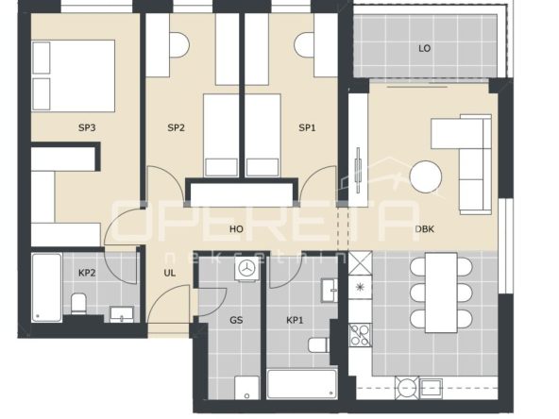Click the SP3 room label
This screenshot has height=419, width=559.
click(x=87, y=127)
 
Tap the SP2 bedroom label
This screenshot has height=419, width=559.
click(x=177, y=127)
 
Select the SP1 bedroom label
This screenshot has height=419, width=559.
click(x=307, y=127)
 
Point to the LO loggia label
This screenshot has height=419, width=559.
click(x=424, y=48)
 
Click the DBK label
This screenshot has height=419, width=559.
click(x=425, y=228)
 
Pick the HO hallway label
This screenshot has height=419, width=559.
click(x=236, y=228)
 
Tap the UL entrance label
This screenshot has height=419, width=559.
click(x=169, y=273)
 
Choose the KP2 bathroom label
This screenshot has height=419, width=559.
click(x=87, y=273)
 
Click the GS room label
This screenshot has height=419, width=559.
click(x=236, y=320)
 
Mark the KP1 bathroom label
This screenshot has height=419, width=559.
click(x=295, y=320)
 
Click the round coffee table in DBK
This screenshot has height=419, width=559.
click(x=426, y=177)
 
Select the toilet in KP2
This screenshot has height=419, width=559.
click(x=78, y=304)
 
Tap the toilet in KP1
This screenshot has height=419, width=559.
click(x=319, y=344)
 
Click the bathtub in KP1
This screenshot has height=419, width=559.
click(x=302, y=384)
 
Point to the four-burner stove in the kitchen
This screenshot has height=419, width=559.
click(x=360, y=335)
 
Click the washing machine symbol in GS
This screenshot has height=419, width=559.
click(x=246, y=269)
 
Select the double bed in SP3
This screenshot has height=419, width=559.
click(x=74, y=75)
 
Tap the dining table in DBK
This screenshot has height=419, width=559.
click(x=441, y=293)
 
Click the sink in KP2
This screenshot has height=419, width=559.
click(x=122, y=314)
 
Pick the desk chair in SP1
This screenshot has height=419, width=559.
click(x=304, y=45)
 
